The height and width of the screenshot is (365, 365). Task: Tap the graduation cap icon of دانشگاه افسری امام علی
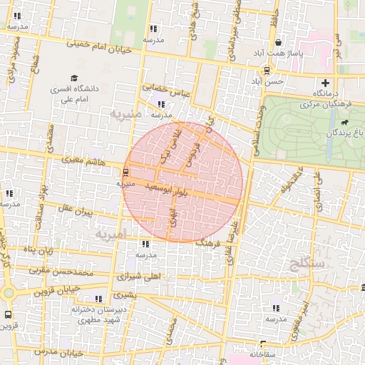coord(74,78)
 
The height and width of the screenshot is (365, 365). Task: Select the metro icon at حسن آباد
coord(267,71)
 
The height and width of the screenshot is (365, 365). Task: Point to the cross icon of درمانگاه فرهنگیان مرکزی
coord(326,83)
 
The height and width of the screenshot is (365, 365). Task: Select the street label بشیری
coord(123,294)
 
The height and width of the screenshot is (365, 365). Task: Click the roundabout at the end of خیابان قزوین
coord(9,292)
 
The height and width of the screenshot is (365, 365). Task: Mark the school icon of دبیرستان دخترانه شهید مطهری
coord(98,299)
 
